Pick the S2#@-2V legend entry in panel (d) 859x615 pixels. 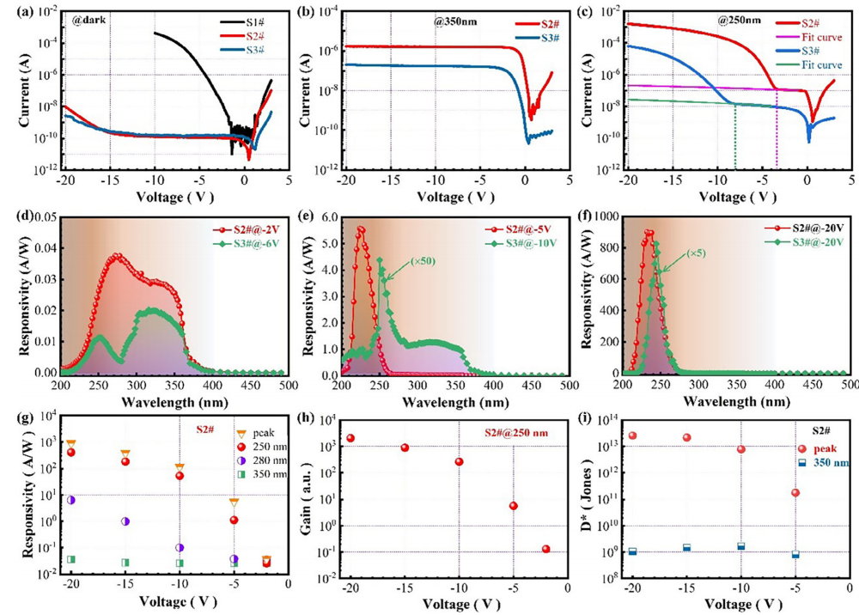[x=248, y=229]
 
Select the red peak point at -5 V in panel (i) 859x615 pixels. [x=795, y=493]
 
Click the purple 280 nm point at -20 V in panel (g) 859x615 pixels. [x=71, y=500]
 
